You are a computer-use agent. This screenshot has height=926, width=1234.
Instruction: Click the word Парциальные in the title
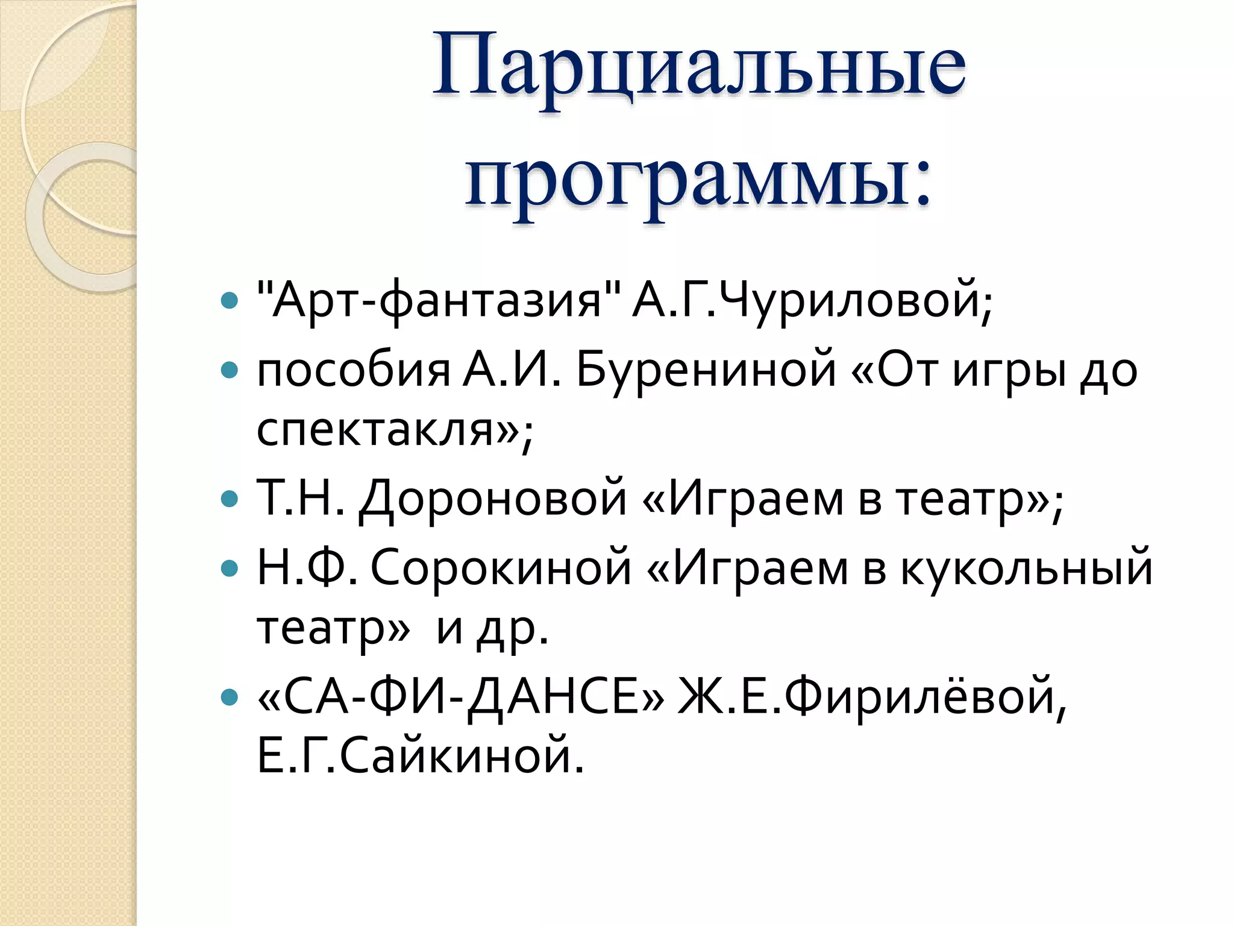(699, 66)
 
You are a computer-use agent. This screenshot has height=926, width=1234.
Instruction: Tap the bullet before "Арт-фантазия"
(230, 300)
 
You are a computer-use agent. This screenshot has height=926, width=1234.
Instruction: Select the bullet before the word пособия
(230, 370)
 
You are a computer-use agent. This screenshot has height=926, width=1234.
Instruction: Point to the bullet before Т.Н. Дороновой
(230, 499)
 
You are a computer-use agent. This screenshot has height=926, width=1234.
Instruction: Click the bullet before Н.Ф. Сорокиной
(230, 568)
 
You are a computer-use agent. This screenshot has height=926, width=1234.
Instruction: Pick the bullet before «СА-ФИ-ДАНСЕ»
(230, 698)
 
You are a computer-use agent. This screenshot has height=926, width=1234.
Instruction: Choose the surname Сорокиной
(500, 568)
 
